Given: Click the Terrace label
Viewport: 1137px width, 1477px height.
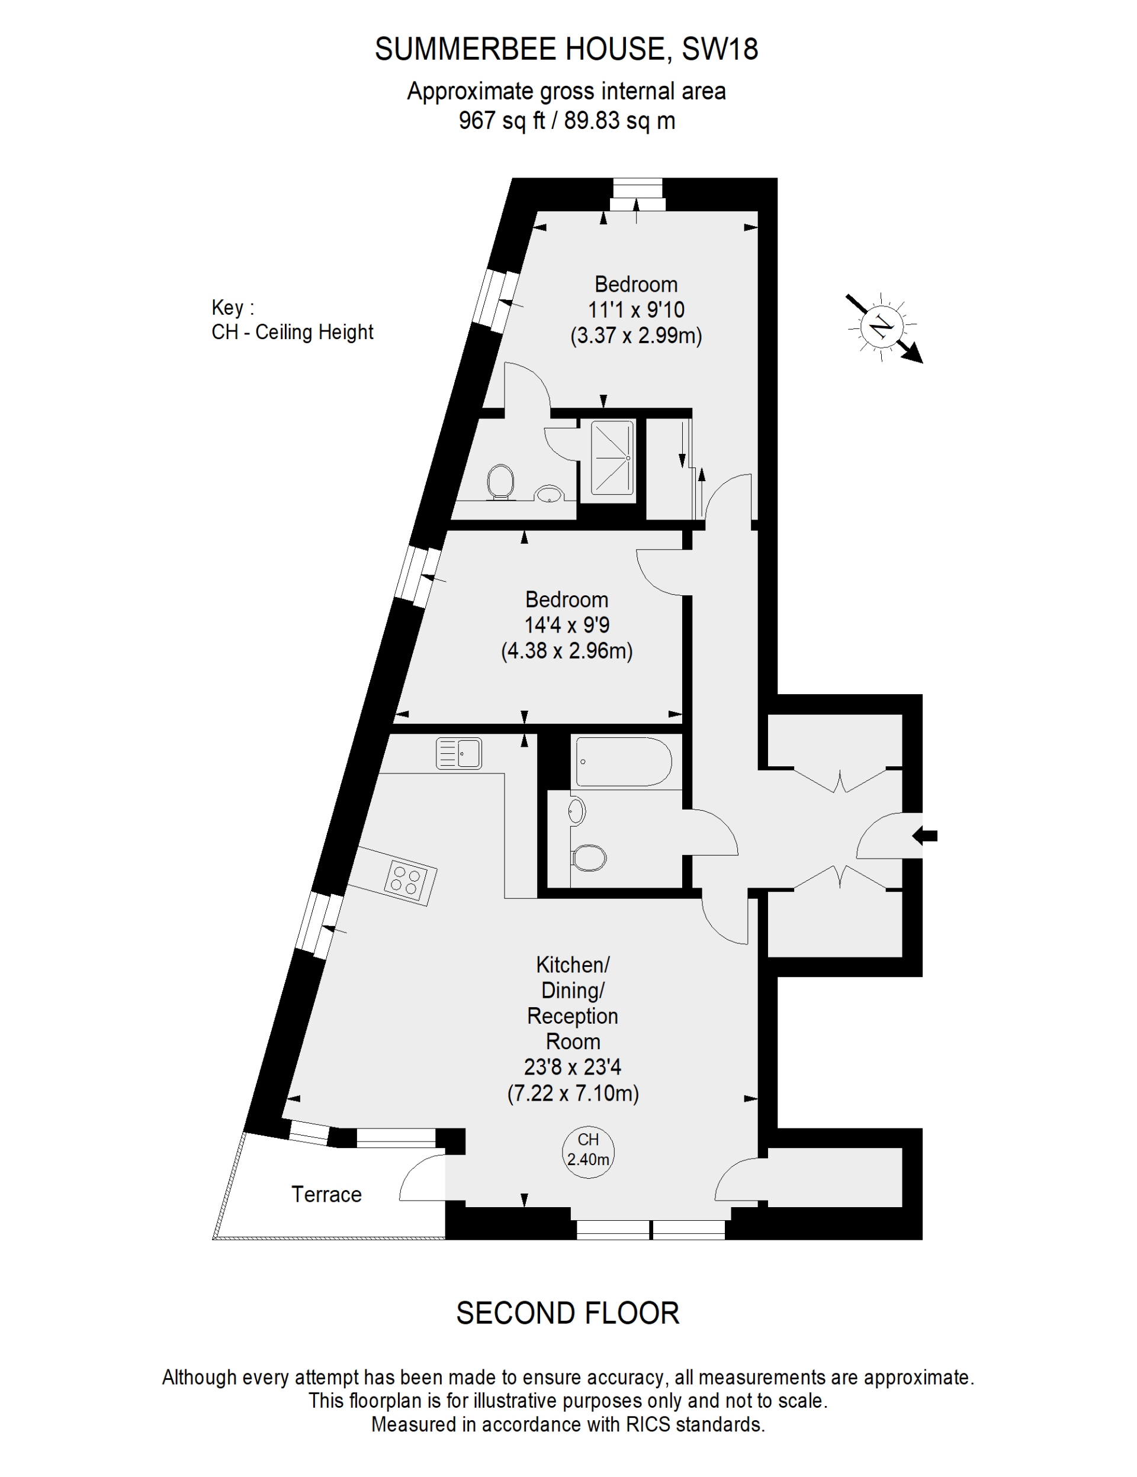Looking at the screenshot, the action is [326, 1194].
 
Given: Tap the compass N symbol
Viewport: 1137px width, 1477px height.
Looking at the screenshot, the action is [882, 327].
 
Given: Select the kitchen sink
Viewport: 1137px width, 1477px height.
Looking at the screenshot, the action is [459, 753].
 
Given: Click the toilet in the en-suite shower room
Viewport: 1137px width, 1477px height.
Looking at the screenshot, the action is [500, 482].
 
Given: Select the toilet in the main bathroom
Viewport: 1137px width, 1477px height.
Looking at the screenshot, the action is [588, 858].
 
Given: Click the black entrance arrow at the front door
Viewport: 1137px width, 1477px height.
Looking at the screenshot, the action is [924, 836].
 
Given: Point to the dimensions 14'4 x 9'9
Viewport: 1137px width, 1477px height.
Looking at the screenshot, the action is [567, 625].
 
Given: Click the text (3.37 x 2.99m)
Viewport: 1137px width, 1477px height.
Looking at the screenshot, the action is [636, 336].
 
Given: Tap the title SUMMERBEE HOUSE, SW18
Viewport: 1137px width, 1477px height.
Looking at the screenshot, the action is [567, 49].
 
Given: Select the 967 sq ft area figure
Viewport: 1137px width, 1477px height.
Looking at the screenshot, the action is [502, 121].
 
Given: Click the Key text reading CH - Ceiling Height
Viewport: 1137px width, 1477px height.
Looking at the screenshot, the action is [293, 332].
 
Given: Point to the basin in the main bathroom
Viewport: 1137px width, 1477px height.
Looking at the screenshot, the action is [576, 810].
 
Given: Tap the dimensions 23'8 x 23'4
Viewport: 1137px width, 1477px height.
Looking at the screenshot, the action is [573, 1067].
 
